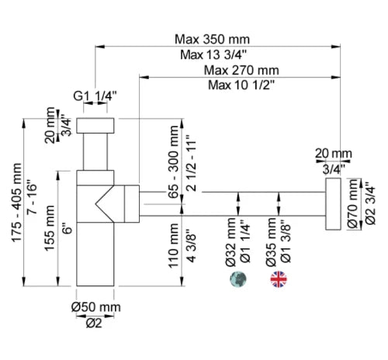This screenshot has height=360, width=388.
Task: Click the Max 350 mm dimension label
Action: pyautogui.click(x=212, y=40)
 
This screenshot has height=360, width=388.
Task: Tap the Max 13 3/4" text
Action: pyautogui.click(x=213, y=55)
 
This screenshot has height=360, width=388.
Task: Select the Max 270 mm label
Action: pyautogui.click(x=241, y=70)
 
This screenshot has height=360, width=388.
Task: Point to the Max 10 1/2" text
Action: pyautogui.click(x=241, y=85)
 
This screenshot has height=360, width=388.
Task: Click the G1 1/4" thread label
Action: pyautogui.click(x=95, y=96)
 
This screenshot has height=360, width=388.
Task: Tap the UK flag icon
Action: pyautogui.click(x=279, y=279)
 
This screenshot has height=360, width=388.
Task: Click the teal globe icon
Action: pyautogui.click(x=238, y=279)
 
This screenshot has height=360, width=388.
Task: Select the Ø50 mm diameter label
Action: pyautogui.click(x=96, y=307)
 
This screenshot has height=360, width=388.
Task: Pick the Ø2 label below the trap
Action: pyautogui.click(x=94, y=324)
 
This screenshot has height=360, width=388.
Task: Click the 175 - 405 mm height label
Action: pyautogui.click(x=17, y=202)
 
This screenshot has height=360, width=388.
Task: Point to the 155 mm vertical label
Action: pyautogui.click(x=50, y=228)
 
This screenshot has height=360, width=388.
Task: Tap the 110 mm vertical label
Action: pyautogui.click(x=174, y=246)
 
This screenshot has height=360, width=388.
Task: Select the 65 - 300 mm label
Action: pyautogui.click(x=174, y=162)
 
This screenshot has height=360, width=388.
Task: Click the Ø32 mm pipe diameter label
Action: pyautogui.click(x=230, y=242)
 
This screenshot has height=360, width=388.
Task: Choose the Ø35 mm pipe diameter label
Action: pyautogui.click(x=271, y=242)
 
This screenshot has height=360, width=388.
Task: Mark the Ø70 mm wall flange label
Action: pyautogui.click(x=352, y=204)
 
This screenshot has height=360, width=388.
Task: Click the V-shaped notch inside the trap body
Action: pyautogui.click(x=105, y=204)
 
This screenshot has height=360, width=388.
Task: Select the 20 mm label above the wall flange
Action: pyautogui.click(x=334, y=154)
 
